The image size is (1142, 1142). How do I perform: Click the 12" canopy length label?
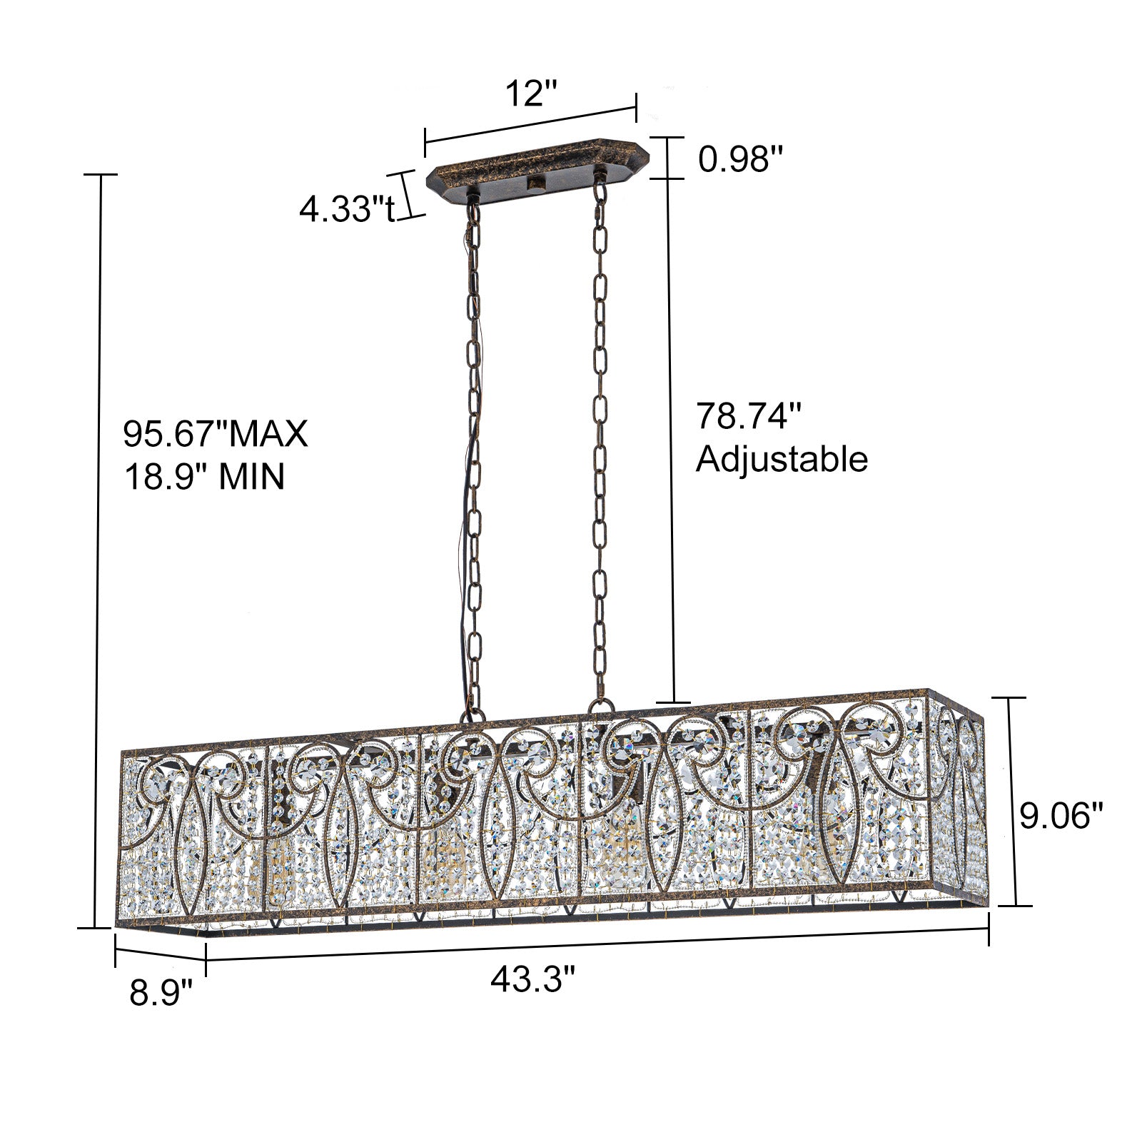point(530,94)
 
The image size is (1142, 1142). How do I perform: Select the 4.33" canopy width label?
point(346,209)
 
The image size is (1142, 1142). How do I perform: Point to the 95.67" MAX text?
point(216,433)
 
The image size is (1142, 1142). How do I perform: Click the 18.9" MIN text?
point(205,476)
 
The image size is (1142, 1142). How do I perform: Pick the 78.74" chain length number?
point(749,416)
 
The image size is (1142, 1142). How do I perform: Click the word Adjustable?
point(782,459)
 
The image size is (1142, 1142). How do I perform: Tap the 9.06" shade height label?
point(1061,816)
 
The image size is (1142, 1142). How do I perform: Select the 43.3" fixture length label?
point(532,979)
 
